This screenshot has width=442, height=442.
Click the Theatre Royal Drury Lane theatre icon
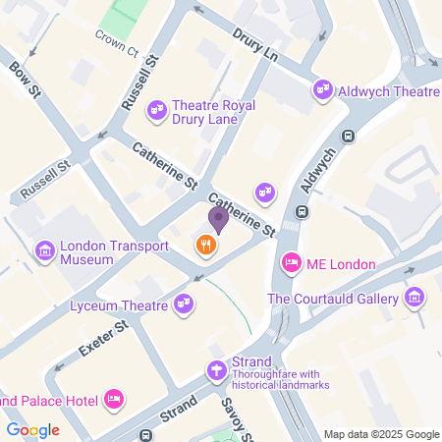pyautogui.click(x=156, y=112)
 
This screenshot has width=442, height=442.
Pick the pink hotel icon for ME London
pyautogui.click(x=291, y=262)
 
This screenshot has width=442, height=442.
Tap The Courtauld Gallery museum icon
pyautogui.click(x=415, y=298)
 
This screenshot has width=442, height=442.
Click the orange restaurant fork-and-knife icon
pyautogui.click(x=205, y=245)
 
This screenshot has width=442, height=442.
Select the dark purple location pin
pyautogui.click(x=217, y=220)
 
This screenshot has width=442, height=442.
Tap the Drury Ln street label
pyautogui.click(x=255, y=45)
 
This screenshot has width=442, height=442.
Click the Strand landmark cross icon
pyautogui.click(x=215, y=369)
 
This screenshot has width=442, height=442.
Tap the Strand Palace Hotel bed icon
pyautogui.click(x=114, y=399)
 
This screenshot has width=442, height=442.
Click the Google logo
pyautogui.click(x=32, y=429)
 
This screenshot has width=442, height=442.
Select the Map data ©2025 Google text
pyautogui.click(x=382, y=434)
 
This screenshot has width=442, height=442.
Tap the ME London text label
pyautogui.click(x=328, y=262)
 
